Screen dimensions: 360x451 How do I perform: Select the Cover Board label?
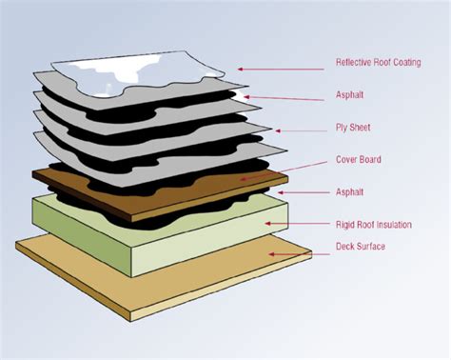tap(359, 159)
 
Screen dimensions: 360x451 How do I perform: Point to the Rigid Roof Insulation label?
tap(374, 225)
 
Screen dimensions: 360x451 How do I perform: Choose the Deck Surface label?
tap(360, 247)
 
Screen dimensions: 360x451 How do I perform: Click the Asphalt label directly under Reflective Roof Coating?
tap(349, 95)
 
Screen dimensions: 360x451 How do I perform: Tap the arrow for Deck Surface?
tap(296, 252)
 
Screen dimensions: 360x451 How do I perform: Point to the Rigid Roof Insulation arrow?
tap(295, 225)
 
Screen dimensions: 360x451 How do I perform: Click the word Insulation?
tap(392, 225)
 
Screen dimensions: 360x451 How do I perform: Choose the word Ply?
tap(343, 128)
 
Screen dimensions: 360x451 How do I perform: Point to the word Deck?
tap(346, 247)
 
